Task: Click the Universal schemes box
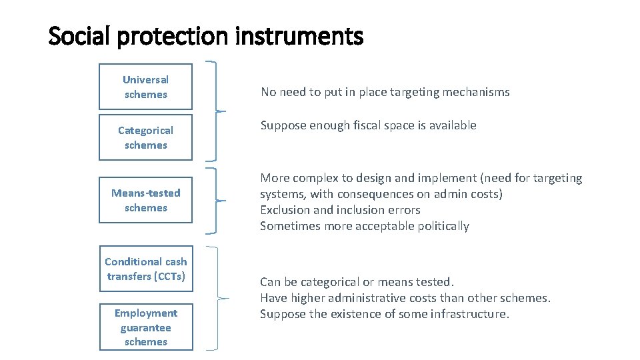click(x=145, y=87)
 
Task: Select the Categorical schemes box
click(x=145, y=137)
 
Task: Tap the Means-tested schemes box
click(x=145, y=200)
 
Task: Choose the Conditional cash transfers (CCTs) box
click(x=146, y=269)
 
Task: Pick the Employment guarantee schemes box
click(x=146, y=327)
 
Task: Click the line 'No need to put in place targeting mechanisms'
click(x=385, y=92)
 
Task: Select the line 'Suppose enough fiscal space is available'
click(x=368, y=125)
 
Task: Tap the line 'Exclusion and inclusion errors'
click(x=340, y=210)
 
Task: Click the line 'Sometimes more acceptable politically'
click(x=364, y=226)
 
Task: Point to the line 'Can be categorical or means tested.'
click(x=357, y=282)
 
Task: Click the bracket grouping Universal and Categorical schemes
click(x=215, y=111)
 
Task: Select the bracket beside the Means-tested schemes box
click(x=215, y=200)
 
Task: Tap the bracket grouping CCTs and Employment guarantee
click(x=215, y=297)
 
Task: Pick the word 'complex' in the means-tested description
click(x=314, y=178)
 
